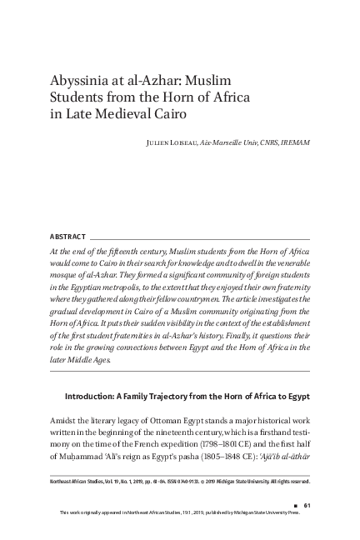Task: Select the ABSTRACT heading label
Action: point(66,237)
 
